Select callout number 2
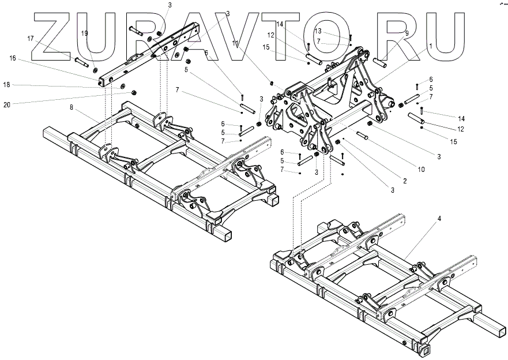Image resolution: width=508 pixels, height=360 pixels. pyautogui.click(x=405, y=181)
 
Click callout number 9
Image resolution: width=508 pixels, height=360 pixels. pyautogui.click(x=407, y=33)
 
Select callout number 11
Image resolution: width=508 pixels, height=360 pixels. pyautogui.click(x=235, y=43)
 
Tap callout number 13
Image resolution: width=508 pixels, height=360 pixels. pyautogui.click(x=318, y=31)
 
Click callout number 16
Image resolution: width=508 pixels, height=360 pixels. pyautogui.click(x=13, y=58)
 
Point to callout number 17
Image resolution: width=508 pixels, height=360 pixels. pyautogui.click(x=31, y=39)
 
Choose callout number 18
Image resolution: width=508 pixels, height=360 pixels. pyautogui.click(x=7, y=85)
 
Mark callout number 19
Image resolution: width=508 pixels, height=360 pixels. pyautogui.click(x=85, y=33)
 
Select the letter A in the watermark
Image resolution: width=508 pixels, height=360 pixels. pyautogui.click(x=199, y=36)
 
